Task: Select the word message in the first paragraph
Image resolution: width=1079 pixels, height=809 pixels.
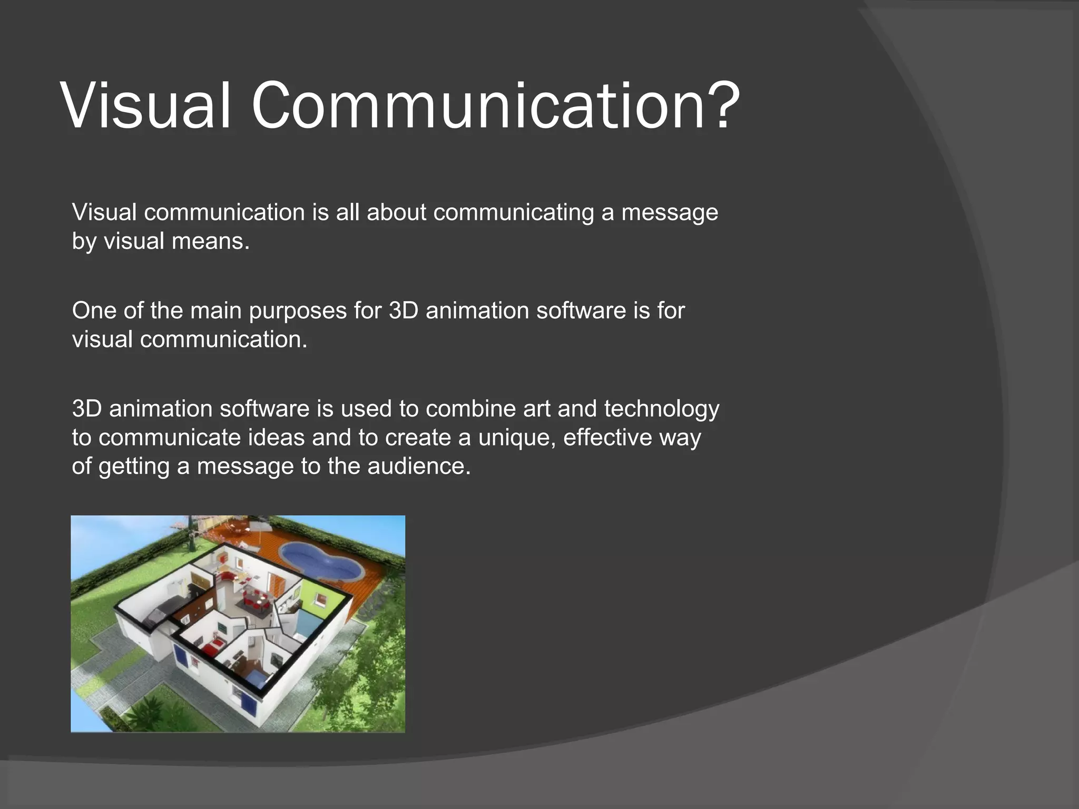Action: (x=670, y=212)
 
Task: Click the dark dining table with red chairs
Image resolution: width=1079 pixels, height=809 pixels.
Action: (x=257, y=600)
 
